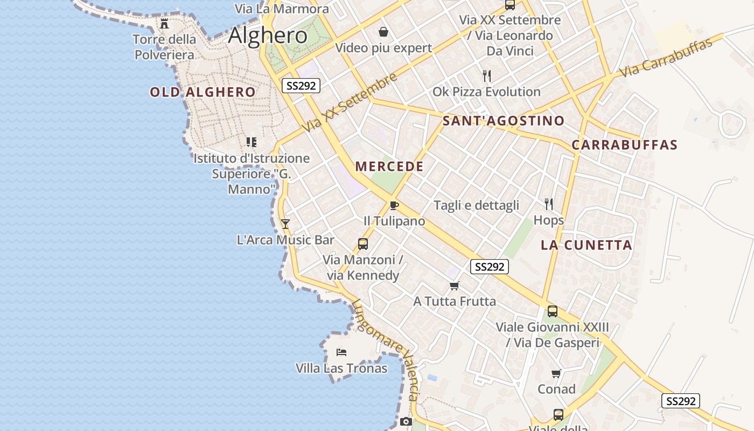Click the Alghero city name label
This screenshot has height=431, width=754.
coord(268,36)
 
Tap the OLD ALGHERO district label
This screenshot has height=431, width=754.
coord(203,92)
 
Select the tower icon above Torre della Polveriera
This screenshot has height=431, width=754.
coord(164,24)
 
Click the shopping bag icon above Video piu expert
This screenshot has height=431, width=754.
coord(383,32)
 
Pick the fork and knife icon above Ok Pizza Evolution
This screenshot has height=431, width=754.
coord(487,75)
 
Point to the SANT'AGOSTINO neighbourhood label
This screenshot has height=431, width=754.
coord(503,121)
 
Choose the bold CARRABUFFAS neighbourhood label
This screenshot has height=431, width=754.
coord(624,145)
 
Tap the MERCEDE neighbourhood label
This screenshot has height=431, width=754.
coord(389,166)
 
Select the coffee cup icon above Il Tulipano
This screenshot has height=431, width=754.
coord(394,205)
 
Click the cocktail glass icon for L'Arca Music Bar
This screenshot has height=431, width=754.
coord(285,224)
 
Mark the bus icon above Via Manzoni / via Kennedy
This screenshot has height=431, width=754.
coord(363,244)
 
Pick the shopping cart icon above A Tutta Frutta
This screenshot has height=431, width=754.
coord(455,286)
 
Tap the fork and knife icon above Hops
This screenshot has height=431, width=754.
coord(549,204)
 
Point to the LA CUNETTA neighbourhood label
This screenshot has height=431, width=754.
coord(586,245)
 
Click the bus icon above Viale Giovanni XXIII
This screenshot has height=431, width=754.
coord(553,311)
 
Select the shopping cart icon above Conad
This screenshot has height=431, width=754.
coord(556,373)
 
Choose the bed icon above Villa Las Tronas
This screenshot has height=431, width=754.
coord(341,352)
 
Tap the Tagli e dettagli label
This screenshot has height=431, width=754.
coord(476,205)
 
